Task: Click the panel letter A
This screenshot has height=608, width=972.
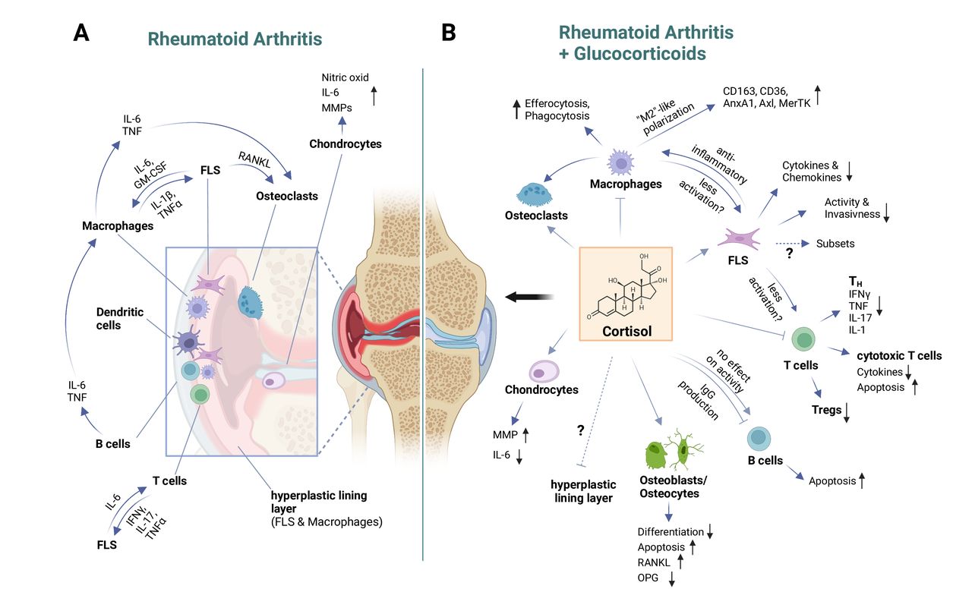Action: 81,33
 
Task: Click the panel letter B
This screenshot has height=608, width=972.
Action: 448,33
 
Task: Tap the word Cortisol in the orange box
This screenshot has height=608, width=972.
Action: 626,331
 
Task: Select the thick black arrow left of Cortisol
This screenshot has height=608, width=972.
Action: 530,297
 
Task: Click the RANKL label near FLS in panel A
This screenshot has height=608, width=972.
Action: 254,159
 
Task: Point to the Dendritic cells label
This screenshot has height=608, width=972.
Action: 120,318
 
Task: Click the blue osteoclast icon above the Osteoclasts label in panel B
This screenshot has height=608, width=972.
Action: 534,194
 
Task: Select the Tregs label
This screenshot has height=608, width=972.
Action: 826,410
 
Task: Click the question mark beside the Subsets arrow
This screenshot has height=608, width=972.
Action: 789,253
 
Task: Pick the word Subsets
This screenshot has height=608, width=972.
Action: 835,244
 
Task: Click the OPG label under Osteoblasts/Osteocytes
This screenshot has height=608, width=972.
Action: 648,578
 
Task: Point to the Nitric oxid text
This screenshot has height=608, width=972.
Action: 345,77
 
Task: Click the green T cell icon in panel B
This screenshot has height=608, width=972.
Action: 803,339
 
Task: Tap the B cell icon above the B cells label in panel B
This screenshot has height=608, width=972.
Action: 759,439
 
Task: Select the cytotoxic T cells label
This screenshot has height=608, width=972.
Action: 899,355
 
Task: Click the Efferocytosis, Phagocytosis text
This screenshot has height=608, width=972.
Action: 557,109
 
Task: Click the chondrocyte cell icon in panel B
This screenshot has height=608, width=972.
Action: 544,372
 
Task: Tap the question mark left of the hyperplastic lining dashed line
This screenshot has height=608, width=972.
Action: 581,430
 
